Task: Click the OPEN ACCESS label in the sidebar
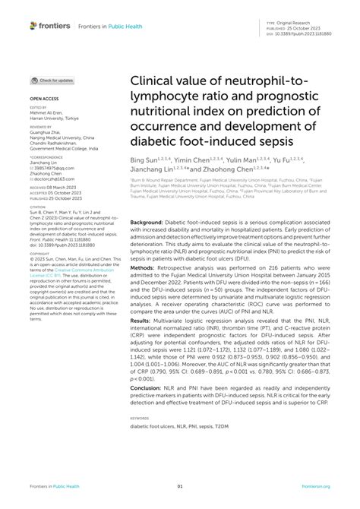[x=43, y=99]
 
